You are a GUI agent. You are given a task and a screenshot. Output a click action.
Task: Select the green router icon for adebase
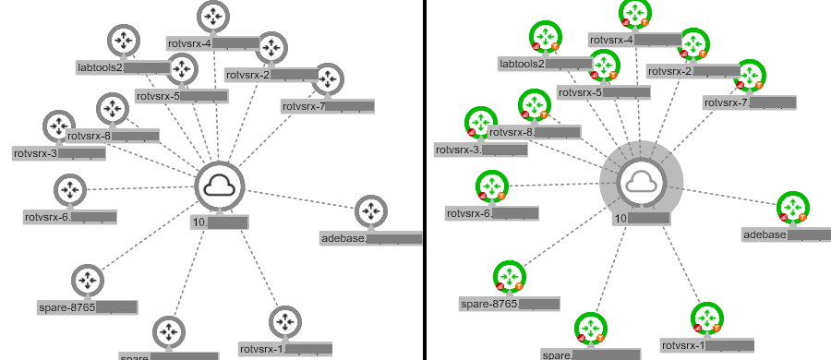pyautogui.click(x=793, y=207)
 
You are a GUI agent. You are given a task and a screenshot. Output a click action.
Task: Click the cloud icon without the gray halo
pyautogui.click(x=220, y=187)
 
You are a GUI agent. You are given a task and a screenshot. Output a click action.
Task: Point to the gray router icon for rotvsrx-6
pyautogui.click(x=69, y=189)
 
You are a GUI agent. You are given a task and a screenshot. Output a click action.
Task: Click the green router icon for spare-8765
pyautogui.click(x=510, y=275)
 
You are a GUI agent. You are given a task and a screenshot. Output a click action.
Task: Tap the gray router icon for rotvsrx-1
pyautogui.click(x=284, y=322)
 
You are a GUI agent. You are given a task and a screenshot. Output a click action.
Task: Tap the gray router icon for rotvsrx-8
pyautogui.click(x=112, y=108)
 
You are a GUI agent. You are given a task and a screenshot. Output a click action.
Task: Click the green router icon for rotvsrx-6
pyautogui.click(x=492, y=186)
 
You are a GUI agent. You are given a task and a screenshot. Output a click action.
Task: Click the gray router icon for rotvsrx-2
pyautogui.click(x=271, y=47)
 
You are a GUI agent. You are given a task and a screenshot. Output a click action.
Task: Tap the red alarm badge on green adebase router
pyautogui.click(x=784, y=217)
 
